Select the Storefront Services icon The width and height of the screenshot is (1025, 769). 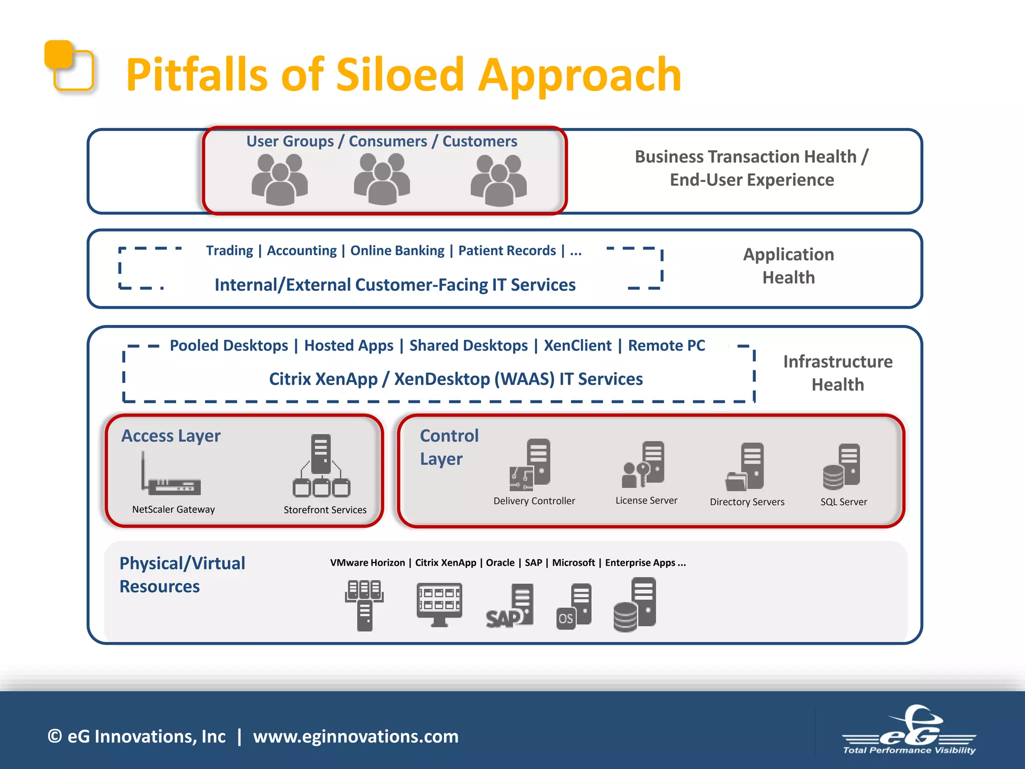(x=321, y=466)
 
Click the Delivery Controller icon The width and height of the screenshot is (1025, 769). (x=530, y=466)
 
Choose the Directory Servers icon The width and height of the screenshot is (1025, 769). (x=745, y=467)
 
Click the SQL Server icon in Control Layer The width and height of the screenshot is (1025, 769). (x=842, y=467)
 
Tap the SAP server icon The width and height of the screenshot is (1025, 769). (x=510, y=606)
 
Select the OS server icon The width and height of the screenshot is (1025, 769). (x=574, y=606)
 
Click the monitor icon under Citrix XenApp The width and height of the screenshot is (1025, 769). (x=439, y=604)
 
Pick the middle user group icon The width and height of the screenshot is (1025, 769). (x=382, y=179)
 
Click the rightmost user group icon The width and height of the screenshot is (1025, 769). (x=498, y=181)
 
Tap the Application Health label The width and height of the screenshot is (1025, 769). (x=788, y=266)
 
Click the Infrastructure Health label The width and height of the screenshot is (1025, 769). (x=837, y=373)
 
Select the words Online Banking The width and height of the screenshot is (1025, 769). (x=397, y=251)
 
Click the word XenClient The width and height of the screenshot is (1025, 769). (x=578, y=345)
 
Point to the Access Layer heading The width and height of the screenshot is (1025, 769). (x=171, y=436)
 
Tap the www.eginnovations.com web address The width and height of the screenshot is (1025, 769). (x=355, y=736)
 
